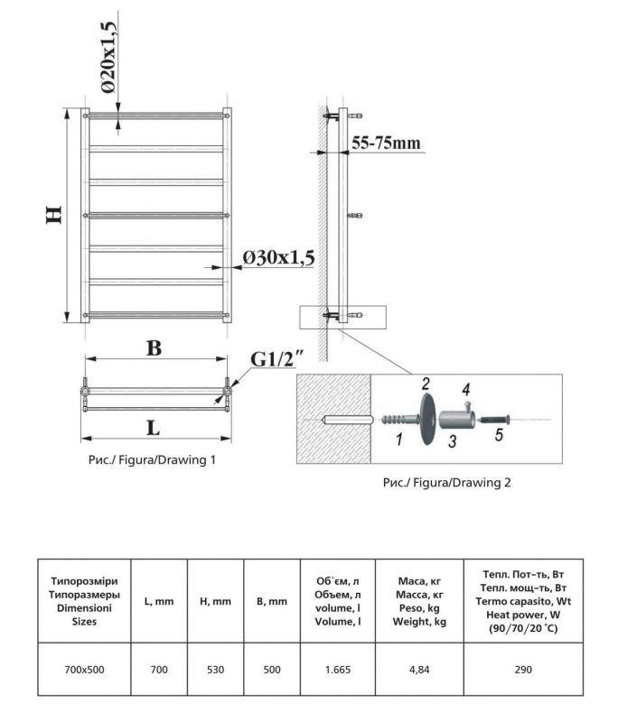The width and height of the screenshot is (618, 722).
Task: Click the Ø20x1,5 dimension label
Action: (x=108, y=57)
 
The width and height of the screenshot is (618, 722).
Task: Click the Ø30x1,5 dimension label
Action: (x=277, y=258)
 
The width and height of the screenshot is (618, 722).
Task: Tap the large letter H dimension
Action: (x=53, y=215)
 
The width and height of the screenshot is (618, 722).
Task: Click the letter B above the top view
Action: (x=154, y=348)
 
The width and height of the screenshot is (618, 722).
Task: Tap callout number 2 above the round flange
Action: (x=426, y=384)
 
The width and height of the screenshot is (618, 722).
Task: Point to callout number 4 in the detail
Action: (x=466, y=390)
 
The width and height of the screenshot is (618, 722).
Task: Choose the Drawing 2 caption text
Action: (x=447, y=483)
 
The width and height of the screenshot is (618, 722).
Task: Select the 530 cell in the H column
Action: (x=213, y=670)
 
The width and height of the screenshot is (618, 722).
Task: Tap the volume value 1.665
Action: (x=333, y=670)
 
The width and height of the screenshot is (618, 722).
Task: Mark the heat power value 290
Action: (x=523, y=670)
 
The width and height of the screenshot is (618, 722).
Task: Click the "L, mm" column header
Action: (x=159, y=601)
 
